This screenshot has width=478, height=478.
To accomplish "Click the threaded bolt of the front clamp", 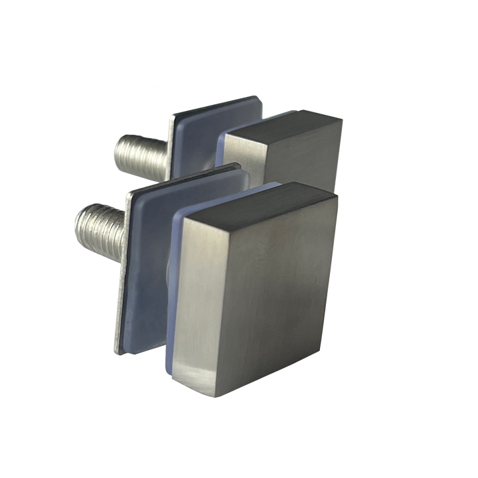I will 100,222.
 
